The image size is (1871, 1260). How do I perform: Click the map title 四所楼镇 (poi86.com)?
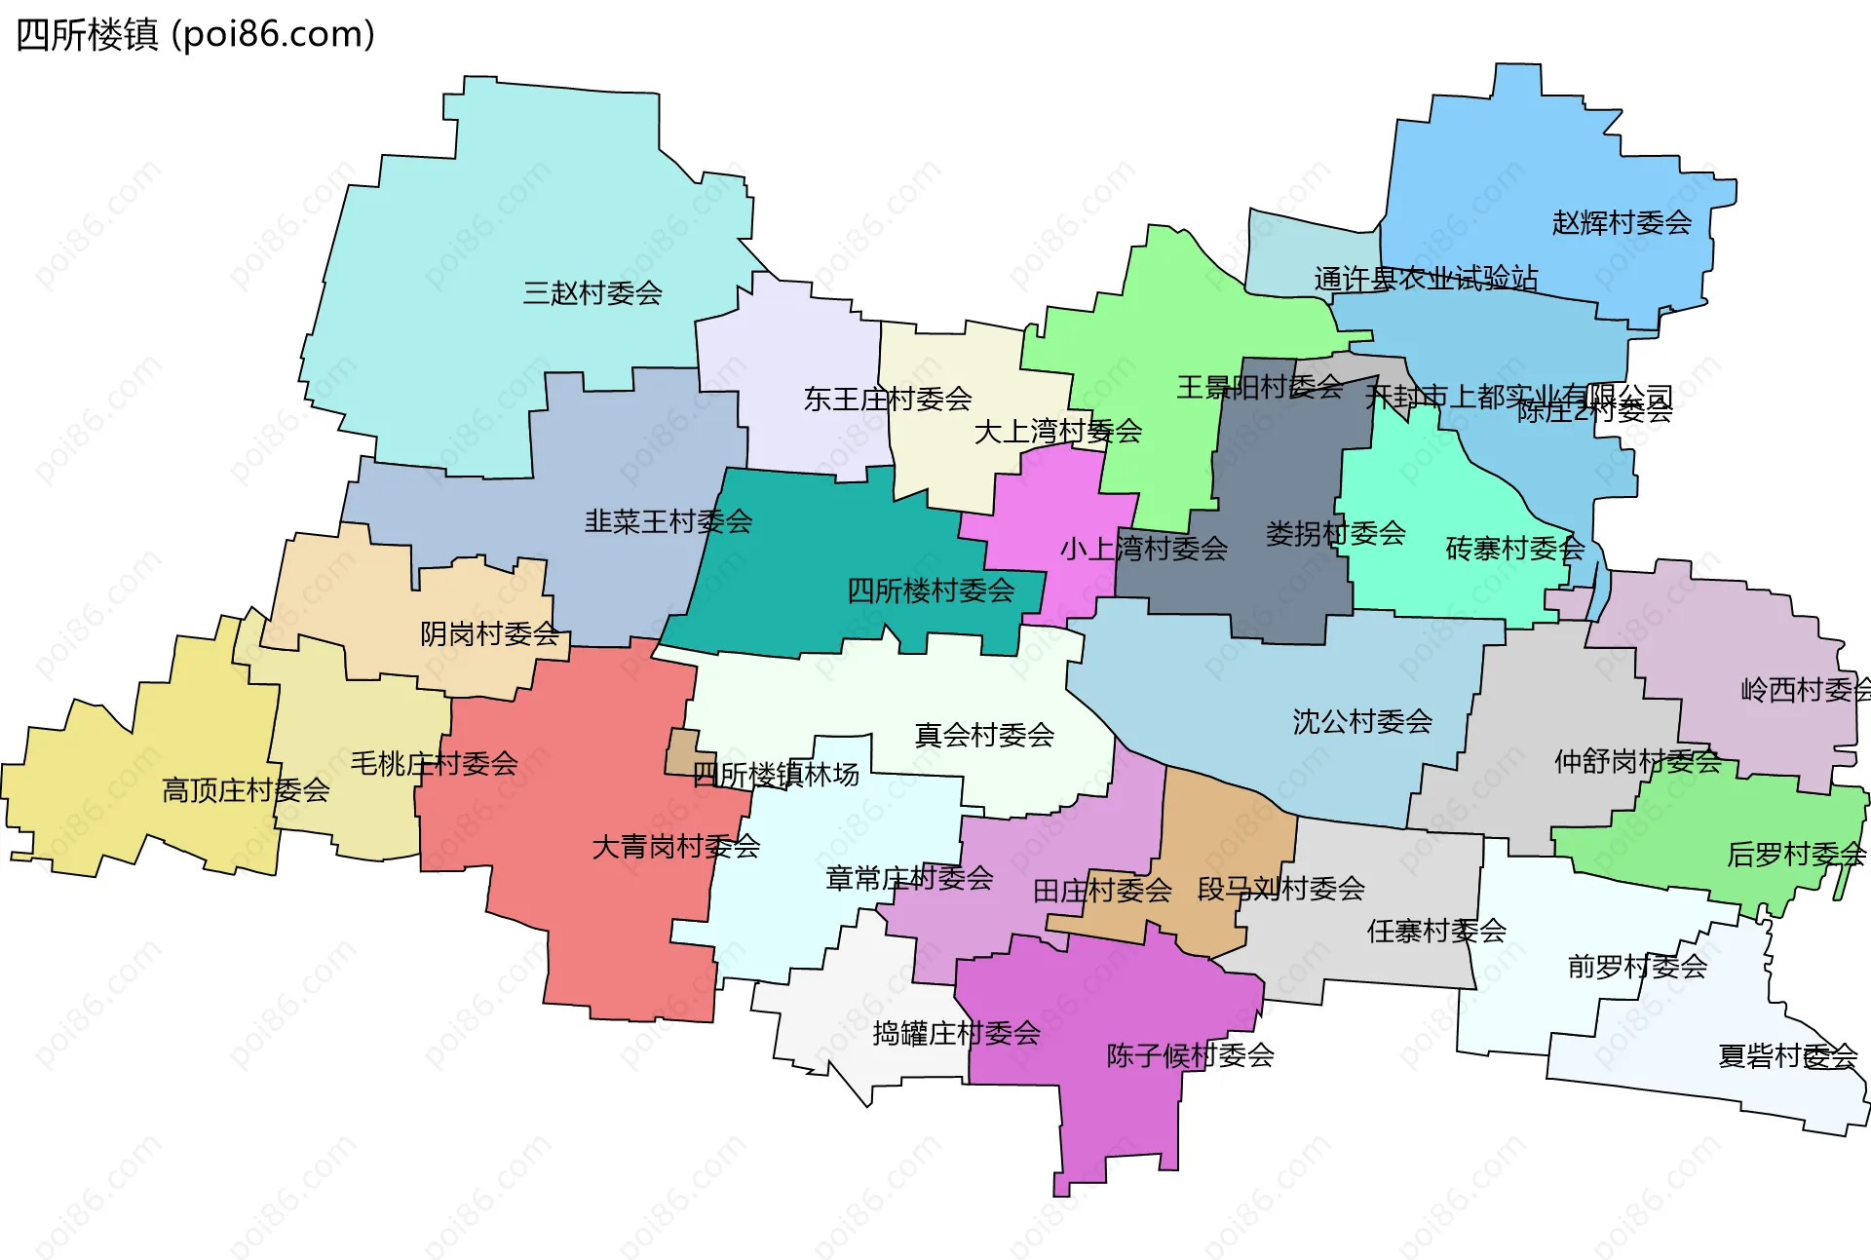195,35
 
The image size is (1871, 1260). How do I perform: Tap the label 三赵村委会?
592,292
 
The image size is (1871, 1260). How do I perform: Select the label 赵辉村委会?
1622,223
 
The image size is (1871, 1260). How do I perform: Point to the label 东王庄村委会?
887,399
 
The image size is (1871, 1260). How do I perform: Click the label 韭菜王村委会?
668,521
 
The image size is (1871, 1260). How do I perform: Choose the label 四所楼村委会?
931,590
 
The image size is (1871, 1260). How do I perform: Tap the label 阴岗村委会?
489,634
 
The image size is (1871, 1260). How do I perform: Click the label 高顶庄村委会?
246,790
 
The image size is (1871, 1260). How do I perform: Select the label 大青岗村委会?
675,847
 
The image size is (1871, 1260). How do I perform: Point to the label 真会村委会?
984,735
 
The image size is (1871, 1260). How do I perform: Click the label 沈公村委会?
1362,721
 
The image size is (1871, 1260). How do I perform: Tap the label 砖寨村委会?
1514,549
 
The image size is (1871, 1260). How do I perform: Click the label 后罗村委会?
1795,855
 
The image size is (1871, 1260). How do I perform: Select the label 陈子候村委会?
1190,1055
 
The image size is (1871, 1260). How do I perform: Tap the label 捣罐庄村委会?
956,1033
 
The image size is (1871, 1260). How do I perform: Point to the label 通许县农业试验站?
1425,279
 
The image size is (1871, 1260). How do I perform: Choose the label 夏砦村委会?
1787,1056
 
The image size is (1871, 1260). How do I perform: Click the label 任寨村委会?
1436,931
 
